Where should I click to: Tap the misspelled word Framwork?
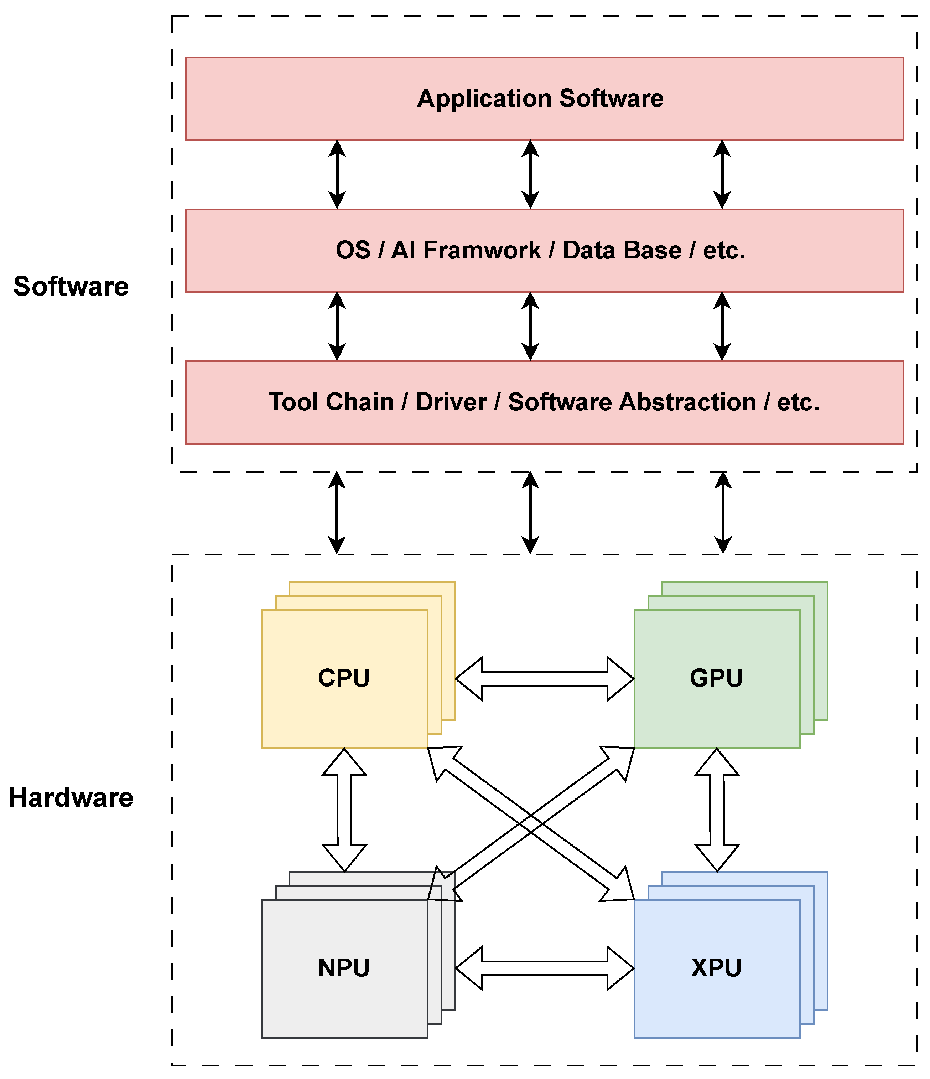[x=482, y=251]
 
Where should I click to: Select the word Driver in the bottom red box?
[x=451, y=402]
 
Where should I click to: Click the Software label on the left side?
[x=71, y=286]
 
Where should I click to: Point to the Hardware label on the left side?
[x=71, y=798]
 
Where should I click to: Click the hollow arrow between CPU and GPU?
[x=544, y=679]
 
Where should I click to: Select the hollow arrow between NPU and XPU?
[x=544, y=968]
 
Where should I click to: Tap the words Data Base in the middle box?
[x=622, y=251]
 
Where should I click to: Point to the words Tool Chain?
[x=331, y=402]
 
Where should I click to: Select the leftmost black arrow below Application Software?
[x=337, y=174]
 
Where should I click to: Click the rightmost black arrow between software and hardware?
[x=723, y=513]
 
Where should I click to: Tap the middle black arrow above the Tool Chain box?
[x=530, y=326]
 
